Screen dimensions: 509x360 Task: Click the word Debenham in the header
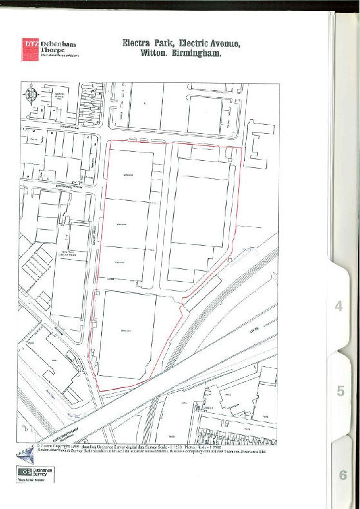[x=59, y=44]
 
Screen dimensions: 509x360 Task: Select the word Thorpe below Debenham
[x=55, y=51]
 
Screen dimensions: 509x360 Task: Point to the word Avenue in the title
[x=222, y=44]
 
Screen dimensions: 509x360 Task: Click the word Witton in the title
[x=155, y=54]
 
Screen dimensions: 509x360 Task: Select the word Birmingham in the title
[x=196, y=54]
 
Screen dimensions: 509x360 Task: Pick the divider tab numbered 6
[x=342, y=476]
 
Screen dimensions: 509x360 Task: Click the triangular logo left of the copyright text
[x=26, y=455]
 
